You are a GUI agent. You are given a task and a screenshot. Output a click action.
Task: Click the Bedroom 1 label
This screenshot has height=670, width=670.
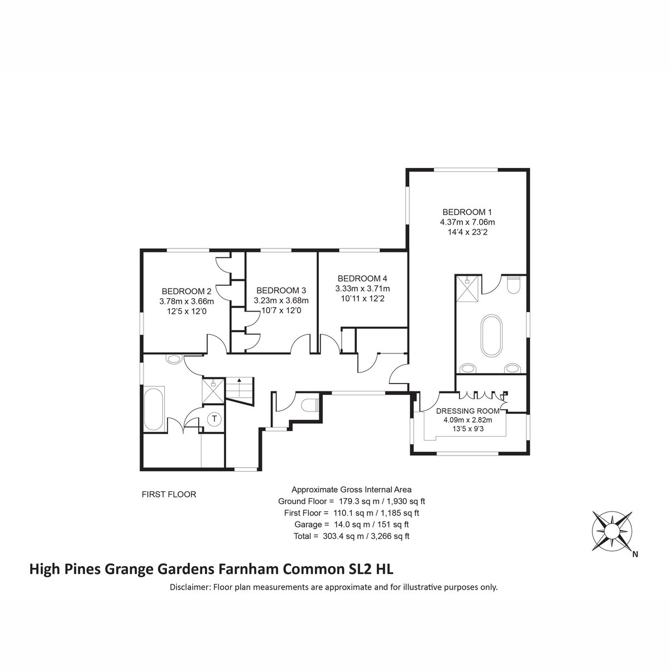[x=467, y=212]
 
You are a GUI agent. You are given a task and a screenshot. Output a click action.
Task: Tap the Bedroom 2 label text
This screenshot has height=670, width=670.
[x=186, y=291]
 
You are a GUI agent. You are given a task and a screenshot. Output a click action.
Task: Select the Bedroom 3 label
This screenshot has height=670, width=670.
[x=281, y=290]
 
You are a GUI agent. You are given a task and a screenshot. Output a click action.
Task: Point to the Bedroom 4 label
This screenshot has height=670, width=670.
[x=362, y=279]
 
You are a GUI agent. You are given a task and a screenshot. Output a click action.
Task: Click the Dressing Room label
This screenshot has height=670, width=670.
[x=468, y=411]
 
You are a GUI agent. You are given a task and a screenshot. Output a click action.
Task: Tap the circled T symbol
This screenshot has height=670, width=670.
[x=214, y=419]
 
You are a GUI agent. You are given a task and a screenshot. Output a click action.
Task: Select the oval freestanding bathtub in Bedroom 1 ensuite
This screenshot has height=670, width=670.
[x=491, y=336]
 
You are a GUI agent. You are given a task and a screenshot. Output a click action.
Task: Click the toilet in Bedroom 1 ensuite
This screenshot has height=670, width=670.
[x=514, y=284]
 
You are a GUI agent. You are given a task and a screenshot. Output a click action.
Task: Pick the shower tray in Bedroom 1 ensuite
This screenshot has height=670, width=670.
[x=468, y=289]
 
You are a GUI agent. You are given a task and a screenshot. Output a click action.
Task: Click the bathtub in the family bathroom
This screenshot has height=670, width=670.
[x=154, y=410]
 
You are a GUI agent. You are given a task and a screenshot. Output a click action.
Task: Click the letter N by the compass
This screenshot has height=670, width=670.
[x=635, y=554]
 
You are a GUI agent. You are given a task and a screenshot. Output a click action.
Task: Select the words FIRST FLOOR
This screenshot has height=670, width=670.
[x=169, y=495]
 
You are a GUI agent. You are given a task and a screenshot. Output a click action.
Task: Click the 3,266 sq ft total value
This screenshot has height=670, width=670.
[x=390, y=536]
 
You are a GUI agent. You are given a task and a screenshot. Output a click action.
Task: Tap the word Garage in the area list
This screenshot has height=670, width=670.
[x=308, y=524]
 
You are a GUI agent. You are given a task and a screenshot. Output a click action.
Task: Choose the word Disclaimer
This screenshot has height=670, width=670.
[x=189, y=587]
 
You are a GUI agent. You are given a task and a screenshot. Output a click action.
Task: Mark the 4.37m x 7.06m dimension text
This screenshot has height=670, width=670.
[x=467, y=222]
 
